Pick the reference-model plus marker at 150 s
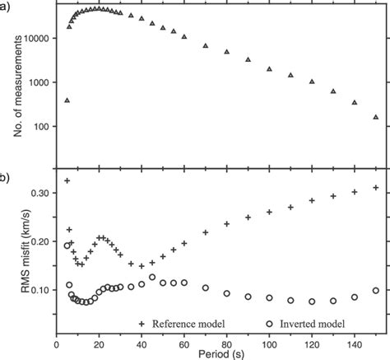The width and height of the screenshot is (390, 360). [376, 188]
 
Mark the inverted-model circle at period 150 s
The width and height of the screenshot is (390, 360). [376, 291]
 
